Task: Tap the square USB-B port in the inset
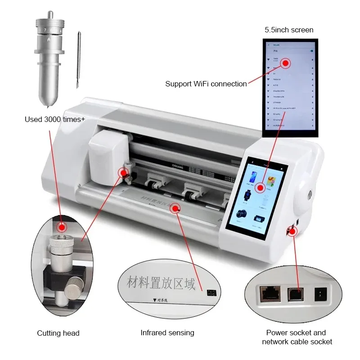295,294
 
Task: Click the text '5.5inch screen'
288,30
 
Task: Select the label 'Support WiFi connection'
206,84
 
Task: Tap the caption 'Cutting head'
58,333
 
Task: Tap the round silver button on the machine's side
310,194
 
